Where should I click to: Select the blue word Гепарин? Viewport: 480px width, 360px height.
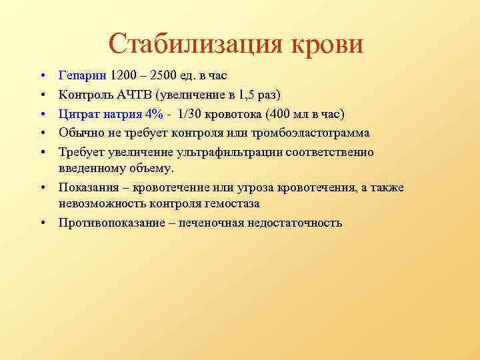[83, 75]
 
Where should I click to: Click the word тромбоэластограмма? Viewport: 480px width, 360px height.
[309, 133]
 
